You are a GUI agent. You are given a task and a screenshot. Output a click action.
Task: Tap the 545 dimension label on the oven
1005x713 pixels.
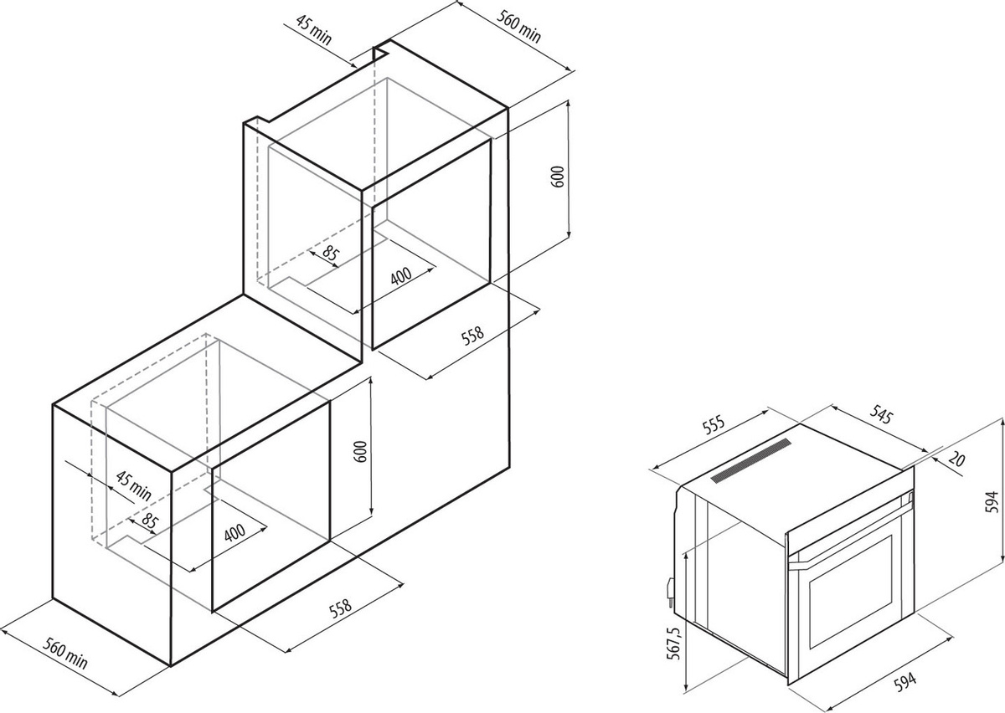pos(880,414)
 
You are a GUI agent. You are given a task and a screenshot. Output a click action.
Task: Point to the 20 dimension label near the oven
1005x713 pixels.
pos(956,460)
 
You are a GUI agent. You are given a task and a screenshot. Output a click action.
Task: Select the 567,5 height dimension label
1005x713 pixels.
pos(674,643)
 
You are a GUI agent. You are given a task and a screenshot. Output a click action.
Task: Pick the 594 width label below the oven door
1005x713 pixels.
pos(905,683)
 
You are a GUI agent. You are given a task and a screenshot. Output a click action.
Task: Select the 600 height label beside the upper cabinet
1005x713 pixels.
pos(557,177)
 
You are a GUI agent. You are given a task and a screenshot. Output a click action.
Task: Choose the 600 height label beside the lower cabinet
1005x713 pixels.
pos(361,452)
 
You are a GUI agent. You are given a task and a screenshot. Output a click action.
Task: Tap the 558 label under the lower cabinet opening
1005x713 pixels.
pos(341,608)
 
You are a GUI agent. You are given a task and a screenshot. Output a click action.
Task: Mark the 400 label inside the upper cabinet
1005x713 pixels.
pos(401,276)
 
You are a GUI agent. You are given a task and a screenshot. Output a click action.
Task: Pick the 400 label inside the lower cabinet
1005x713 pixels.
pos(234,533)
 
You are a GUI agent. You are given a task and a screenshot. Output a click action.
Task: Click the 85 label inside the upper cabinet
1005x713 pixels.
pos(331,254)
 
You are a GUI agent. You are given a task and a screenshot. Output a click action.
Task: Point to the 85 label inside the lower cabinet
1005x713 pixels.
pos(150,521)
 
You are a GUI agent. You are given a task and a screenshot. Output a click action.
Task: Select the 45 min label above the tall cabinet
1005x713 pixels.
pos(314,30)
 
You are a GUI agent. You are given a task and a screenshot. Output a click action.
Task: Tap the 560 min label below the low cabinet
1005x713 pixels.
pos(65,654)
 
